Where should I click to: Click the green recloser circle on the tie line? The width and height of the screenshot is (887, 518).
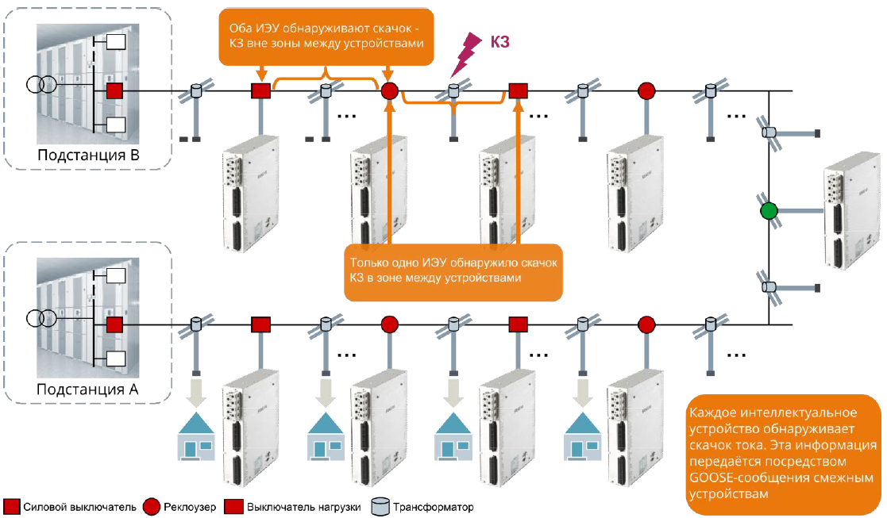[x=768, y=212]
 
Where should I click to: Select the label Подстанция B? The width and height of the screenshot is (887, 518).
[x=88, y=154]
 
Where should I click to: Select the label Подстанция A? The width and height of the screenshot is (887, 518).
[x=88, y=389]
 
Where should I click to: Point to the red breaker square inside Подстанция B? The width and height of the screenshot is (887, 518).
[x=114, y=91]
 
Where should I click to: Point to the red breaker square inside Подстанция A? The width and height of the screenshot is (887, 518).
[x=114, y=324]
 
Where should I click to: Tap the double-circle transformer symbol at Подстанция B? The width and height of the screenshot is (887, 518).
[x=43, y=83]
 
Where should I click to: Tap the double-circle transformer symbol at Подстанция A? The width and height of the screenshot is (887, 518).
[x=43, y=318]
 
